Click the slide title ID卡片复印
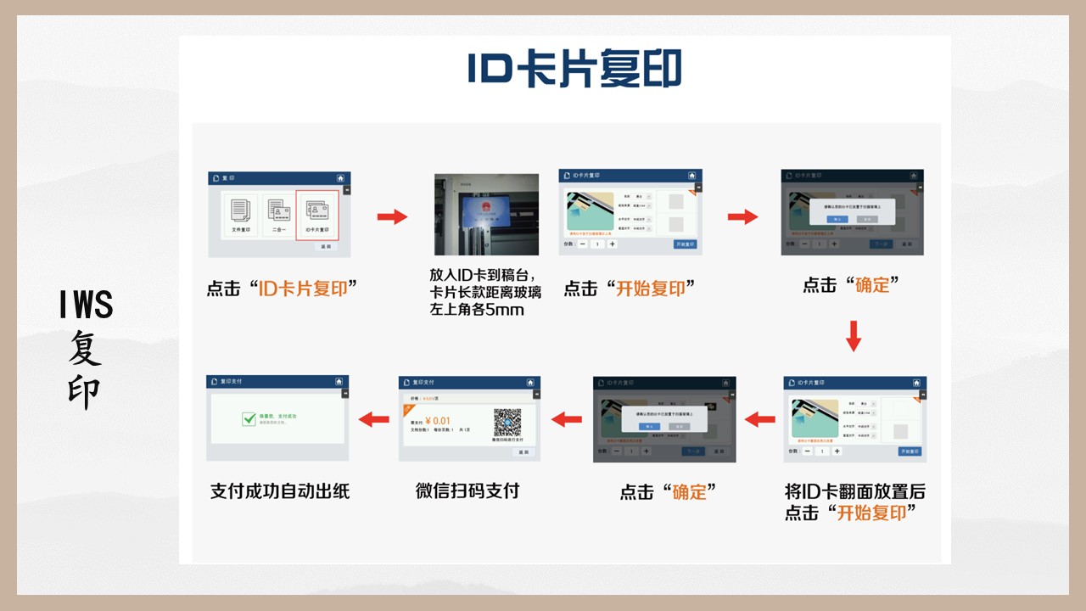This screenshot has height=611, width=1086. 574,70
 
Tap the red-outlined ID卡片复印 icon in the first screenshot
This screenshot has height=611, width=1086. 317,215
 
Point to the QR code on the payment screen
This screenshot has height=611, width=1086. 507,422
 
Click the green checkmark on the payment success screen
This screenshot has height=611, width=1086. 249,418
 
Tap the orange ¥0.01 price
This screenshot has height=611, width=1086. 438,421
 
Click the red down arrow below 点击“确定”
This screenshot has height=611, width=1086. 854,336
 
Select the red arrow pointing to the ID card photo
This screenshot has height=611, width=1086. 391,217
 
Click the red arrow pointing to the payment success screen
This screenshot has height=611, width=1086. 373,418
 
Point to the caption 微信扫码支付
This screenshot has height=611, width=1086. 467,490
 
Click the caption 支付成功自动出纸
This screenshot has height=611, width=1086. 280,491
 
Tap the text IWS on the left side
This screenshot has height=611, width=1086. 87,305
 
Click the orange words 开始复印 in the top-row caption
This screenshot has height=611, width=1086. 650,289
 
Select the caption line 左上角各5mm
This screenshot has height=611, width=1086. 477,310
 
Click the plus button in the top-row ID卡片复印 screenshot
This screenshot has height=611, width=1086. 613,244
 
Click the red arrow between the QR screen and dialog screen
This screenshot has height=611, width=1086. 567,418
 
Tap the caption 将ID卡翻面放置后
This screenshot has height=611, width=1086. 855,491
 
